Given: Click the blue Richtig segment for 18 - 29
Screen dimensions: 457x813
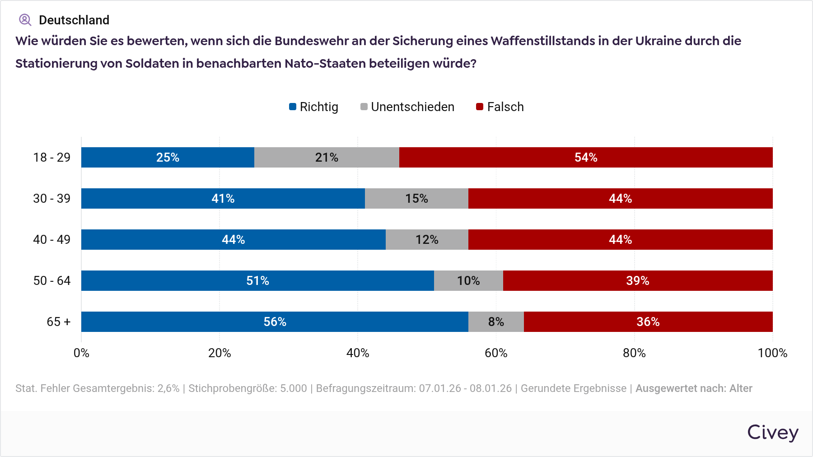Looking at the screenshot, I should click(168, 158).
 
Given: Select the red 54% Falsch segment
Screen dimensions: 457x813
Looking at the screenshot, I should click(586, 158).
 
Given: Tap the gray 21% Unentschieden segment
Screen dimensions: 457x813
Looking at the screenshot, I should click(327, 158).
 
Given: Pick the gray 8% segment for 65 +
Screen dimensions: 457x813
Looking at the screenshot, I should click(496, 322).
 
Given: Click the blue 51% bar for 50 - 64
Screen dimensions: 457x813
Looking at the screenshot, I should click(257, 281).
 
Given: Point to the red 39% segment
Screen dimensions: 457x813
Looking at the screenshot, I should click(637, 281).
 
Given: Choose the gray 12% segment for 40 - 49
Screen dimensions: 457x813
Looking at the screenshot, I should click(427, 240).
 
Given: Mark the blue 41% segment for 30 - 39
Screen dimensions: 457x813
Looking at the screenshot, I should click(223, 199).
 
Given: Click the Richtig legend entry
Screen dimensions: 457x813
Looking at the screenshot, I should click(314, 107).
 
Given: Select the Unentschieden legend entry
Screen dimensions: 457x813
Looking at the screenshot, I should click(407, 107).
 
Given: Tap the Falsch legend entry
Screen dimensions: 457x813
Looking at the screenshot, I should click(500, 107).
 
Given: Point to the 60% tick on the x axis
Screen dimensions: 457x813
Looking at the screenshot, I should click(496, 353).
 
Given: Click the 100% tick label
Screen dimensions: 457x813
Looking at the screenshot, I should click(772, 353).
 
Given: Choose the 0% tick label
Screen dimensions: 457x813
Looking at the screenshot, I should click(81, 353).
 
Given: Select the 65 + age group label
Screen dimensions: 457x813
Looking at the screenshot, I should click(59, 322).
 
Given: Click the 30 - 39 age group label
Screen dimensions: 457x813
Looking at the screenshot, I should click(52, 199).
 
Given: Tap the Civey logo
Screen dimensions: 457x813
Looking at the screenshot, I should click(773, 433).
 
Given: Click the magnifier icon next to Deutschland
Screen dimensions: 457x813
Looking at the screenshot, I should click(25, 20).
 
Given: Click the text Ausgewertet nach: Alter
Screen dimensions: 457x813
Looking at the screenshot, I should click(694, 388).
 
